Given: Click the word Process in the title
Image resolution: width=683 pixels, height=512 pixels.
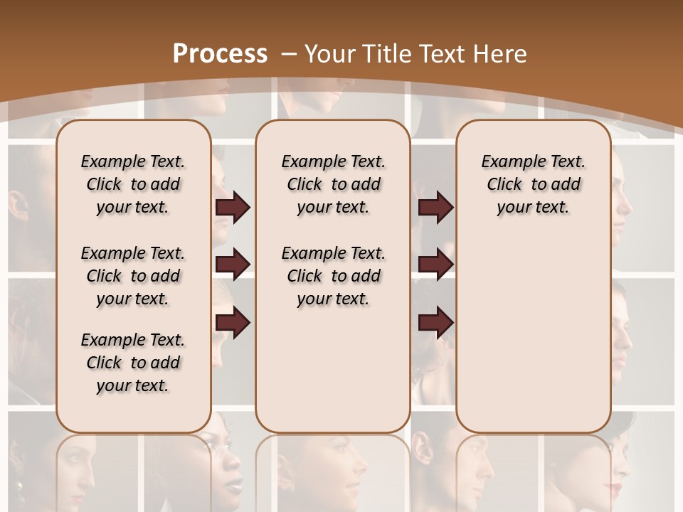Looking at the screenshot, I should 220,53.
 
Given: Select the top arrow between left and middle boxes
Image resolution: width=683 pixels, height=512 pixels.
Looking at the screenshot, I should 233,208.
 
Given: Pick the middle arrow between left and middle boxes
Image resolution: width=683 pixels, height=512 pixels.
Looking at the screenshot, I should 233,265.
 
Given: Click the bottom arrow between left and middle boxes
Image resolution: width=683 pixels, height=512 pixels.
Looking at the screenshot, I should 233,324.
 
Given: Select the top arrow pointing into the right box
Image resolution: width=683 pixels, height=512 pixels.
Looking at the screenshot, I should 435,208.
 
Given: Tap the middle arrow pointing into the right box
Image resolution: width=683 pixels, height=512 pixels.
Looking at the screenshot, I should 435,265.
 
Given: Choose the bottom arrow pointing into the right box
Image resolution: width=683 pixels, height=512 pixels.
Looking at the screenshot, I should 435,324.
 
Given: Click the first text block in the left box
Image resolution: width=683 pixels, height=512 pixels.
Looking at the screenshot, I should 133,184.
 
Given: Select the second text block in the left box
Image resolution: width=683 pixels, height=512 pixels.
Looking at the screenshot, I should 133,276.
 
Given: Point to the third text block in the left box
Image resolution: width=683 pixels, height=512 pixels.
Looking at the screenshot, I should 133,363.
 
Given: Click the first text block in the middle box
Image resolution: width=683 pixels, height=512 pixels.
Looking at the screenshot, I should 333,184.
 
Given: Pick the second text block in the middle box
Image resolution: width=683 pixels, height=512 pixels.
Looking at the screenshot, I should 333,276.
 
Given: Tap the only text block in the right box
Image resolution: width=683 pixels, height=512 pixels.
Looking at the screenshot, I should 533,184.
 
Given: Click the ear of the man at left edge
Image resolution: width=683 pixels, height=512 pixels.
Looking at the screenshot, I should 19,206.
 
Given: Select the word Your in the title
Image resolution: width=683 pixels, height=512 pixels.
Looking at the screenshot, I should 332,53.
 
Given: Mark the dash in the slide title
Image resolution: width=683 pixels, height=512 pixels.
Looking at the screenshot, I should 288,53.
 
